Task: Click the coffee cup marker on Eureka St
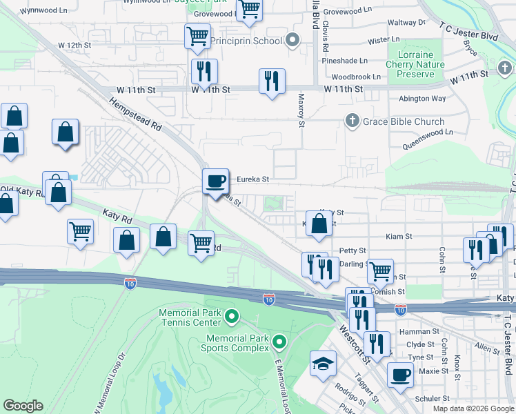[x=215, y=180]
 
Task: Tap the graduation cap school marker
[x=322, y=364]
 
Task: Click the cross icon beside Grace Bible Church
[x=352, y=121]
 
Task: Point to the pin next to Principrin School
[x=292, y=41]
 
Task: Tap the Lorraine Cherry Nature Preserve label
[x=415, y=64]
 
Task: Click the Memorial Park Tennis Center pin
[x=232, y=317]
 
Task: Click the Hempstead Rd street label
[x=135, y=114]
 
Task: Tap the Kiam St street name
[x=399, y=236]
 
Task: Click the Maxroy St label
[x=301, y=111]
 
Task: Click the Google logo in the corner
[x=23, y=406]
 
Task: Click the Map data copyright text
[x=473, y=408]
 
